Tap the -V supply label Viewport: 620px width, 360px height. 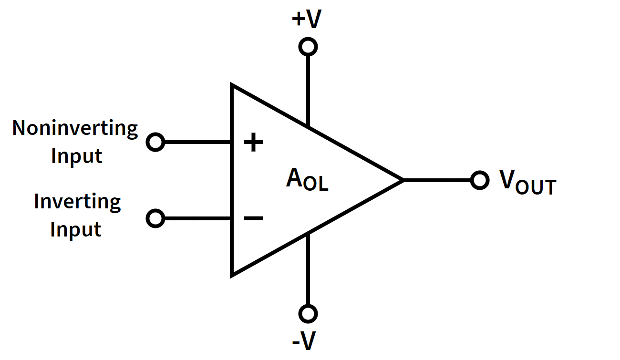click(304, 340)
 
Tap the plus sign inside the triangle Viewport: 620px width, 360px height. click(253, 142)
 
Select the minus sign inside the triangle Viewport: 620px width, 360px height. click(253, 218)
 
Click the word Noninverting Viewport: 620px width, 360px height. click(75, 128)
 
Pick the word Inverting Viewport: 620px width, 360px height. click(77, 202)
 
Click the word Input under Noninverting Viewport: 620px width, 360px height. click(77, 156)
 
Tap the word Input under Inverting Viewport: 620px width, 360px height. click(76, 229)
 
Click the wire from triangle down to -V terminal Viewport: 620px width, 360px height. click(308, 269)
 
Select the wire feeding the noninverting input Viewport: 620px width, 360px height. click(197, 142)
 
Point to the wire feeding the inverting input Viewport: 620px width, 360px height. click(197, 218)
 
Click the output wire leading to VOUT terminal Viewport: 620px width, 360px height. click(437, 180)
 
